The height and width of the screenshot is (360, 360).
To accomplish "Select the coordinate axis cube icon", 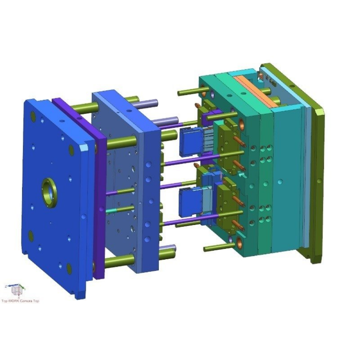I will (17, 290).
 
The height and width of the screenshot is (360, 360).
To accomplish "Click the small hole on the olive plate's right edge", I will (319, 180).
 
